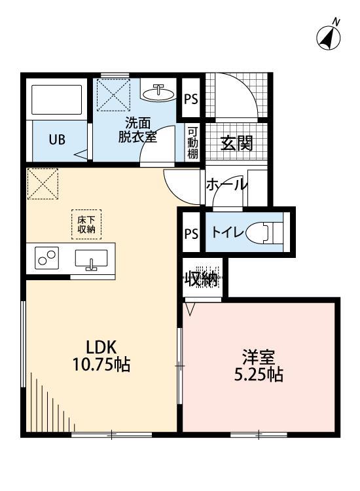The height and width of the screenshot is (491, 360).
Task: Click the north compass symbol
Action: tap(329, 37)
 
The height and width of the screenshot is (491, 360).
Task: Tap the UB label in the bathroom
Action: tap(56, 140)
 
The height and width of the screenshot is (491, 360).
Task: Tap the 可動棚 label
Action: tap(193, 142)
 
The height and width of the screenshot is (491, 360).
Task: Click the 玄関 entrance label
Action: tap(236, 143)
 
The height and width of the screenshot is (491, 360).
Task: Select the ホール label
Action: tap(226, 185)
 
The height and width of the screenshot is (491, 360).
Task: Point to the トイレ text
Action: tap(226, 232)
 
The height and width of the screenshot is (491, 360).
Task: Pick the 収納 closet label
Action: tap(200, 280)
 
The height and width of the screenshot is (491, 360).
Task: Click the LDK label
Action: tap(100, 346)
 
